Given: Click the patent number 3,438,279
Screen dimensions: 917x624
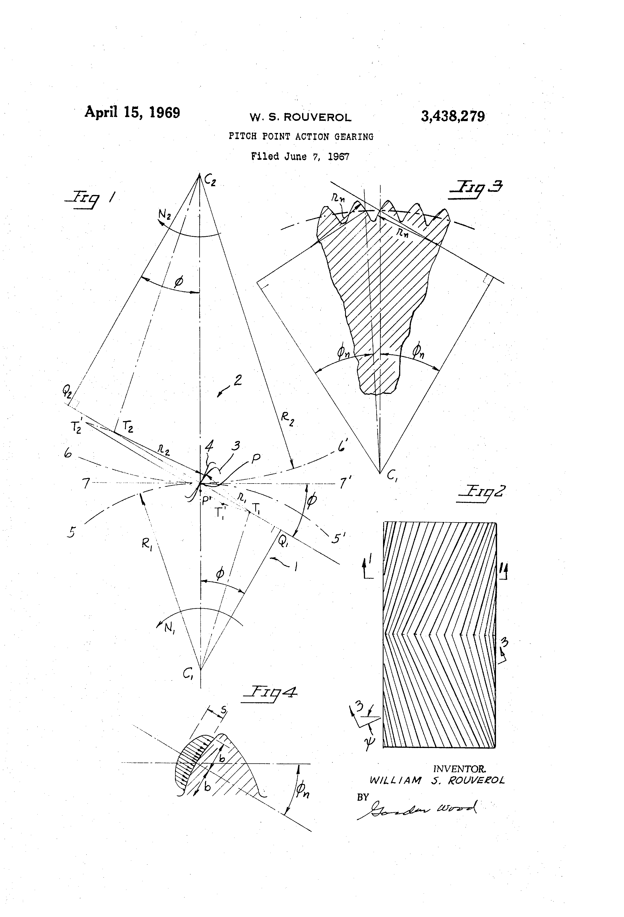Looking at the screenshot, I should (453, 117).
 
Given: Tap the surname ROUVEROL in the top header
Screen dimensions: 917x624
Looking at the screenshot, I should (318, 118).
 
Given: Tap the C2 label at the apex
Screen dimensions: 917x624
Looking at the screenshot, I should (210, 181).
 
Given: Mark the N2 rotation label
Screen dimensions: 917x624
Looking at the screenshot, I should (165, 215).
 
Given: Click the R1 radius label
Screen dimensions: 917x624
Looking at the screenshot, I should (147, 545).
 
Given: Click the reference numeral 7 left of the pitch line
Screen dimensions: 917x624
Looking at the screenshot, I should (86, 483).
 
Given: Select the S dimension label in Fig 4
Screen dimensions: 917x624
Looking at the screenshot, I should (223, 710).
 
